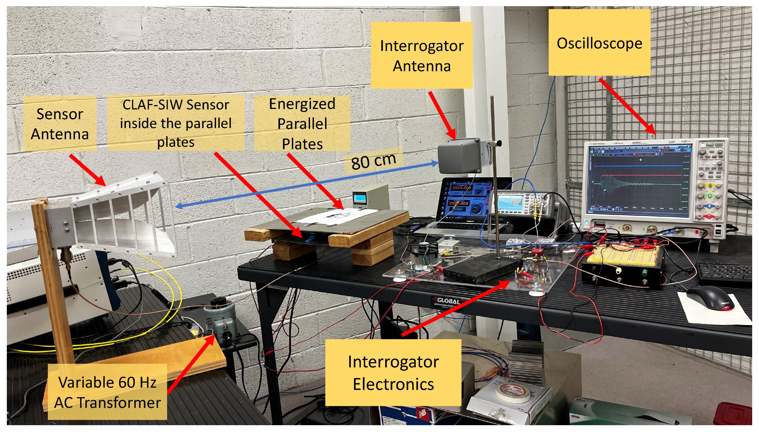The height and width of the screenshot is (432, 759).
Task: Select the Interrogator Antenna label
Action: click(x=422, y=55)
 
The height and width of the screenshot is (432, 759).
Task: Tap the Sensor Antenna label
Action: click(x=60, y=123)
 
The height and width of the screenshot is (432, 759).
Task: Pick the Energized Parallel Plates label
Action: click(x=302, y=123)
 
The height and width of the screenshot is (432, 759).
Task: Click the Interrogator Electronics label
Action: click(x=393, y=372)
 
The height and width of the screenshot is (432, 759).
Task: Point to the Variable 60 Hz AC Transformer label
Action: click(x=107, y=392)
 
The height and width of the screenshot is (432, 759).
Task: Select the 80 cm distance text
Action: click(x=373, y=161)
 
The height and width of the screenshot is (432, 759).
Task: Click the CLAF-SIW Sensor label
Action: click(x=176, y=123)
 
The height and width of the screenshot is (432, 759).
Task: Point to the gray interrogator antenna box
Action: click(x=460, y=155)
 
